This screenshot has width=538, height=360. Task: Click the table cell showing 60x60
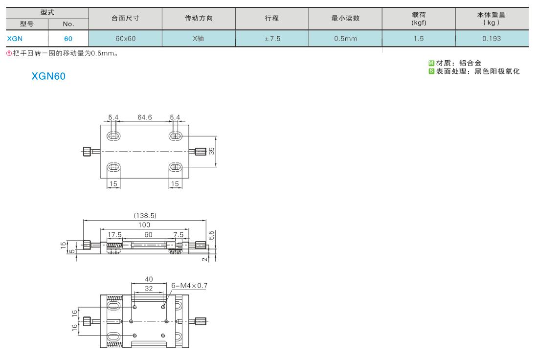(x=125, y=39)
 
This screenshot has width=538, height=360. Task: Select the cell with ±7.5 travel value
(x=272, y=39)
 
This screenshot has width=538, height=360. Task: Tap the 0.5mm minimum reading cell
(x=345, y=39)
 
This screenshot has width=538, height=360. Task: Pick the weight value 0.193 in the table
(x=492, y=39)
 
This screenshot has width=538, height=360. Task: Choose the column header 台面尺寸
(x=125, y=18)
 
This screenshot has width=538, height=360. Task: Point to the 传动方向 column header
(x=199, y=18)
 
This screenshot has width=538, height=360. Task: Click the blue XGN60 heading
(x=48, y=76)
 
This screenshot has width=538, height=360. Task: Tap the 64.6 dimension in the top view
(x=144, y=117)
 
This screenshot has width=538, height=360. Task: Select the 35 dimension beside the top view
(x=212, y=151)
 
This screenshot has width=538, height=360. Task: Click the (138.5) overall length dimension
(x=145, y=216)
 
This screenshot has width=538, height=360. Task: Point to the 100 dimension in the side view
(x=144, y=225)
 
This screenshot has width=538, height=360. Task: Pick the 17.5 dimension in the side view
(x=114, y=235)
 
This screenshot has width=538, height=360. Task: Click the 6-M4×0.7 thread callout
(x=189, y=286)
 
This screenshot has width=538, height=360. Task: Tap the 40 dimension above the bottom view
(x=149, y=279)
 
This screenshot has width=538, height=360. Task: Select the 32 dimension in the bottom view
(x=149, y=288)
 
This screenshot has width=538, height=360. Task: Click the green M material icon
(x=431, y=63)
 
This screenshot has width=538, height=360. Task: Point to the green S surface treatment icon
(x=431, y=71)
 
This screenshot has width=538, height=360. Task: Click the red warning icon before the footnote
(x=9, y=53)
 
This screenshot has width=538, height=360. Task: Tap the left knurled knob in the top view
(x=87, y=151)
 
